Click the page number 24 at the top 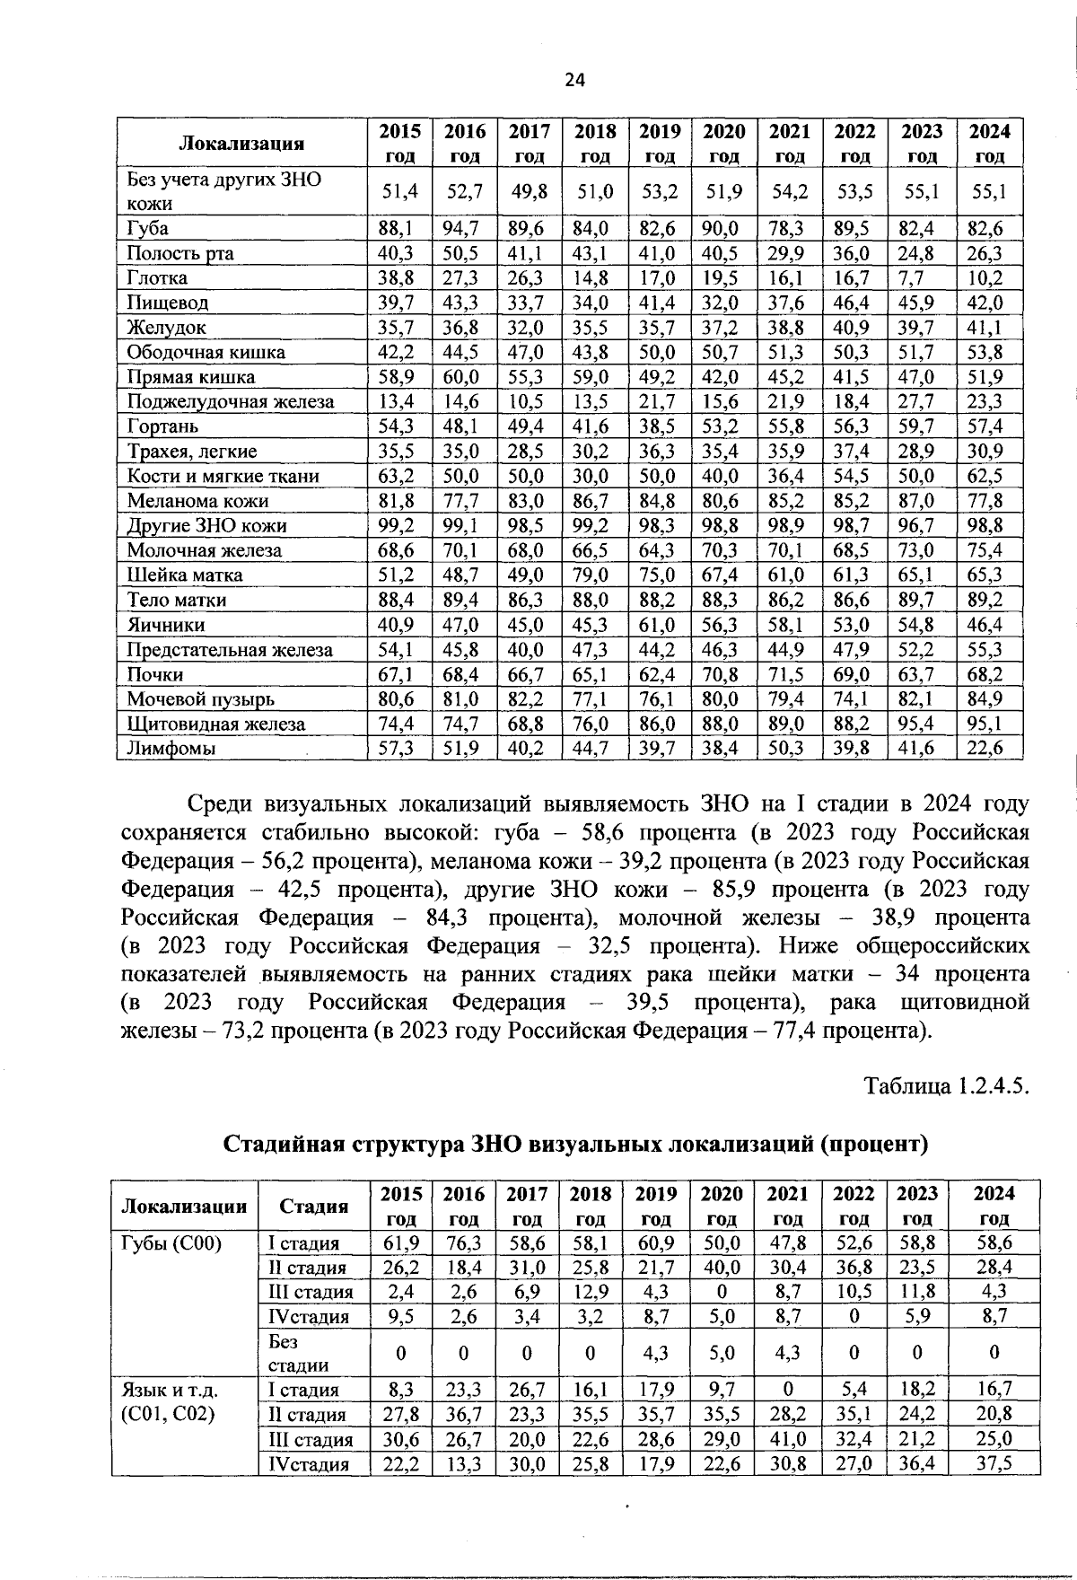pos(574,81)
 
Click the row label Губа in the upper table pos(148,228)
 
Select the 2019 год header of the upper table pos(660,143)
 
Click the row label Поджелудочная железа pos(230,401)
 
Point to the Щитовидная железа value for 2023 pos(921,724)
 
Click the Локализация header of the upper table pos(241,144)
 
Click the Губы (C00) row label pos(171,1243)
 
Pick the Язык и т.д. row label pos(170,1390)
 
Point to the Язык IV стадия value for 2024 pos(994,1464)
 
